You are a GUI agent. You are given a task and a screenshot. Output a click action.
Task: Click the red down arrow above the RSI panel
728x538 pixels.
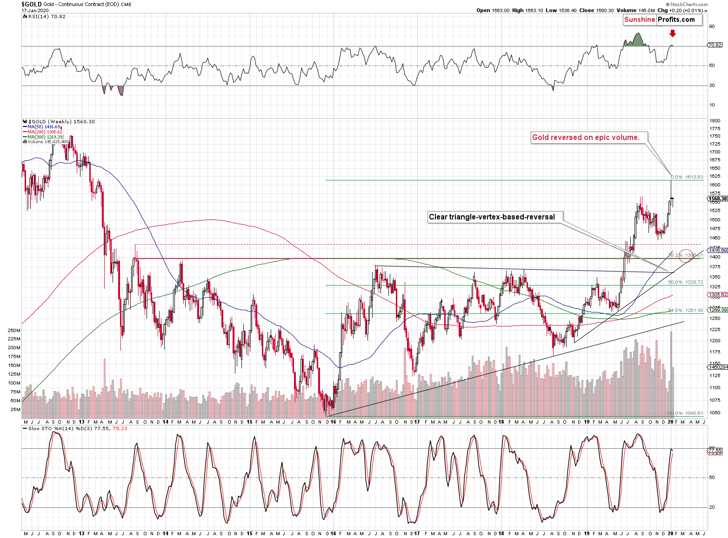click(672, 33)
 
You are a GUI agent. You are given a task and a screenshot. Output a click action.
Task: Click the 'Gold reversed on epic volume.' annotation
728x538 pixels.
click(586, 137)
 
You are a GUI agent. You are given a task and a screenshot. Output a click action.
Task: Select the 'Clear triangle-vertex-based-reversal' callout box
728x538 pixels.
click(492, 217)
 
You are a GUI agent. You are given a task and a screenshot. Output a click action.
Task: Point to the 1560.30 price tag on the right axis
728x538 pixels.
click(717, 199)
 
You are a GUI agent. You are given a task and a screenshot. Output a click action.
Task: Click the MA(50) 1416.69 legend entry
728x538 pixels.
click(43, 127)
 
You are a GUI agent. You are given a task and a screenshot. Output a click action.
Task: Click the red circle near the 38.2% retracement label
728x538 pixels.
click(686, 255)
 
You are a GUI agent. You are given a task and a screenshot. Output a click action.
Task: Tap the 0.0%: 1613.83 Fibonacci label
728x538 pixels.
click(687, 177)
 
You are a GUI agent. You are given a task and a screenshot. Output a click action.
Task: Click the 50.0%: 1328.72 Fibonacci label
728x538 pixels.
click(685, 282)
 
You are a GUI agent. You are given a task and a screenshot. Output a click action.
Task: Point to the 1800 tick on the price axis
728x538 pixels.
click(715, 121)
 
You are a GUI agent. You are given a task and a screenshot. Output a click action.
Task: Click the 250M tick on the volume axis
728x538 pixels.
click(14, 330)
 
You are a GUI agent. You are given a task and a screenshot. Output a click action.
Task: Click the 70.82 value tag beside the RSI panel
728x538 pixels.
click(715, 45)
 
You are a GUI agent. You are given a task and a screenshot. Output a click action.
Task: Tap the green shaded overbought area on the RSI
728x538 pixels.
click(635, 40)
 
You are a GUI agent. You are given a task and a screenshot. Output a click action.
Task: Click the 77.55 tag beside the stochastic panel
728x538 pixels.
click(715, 450)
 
